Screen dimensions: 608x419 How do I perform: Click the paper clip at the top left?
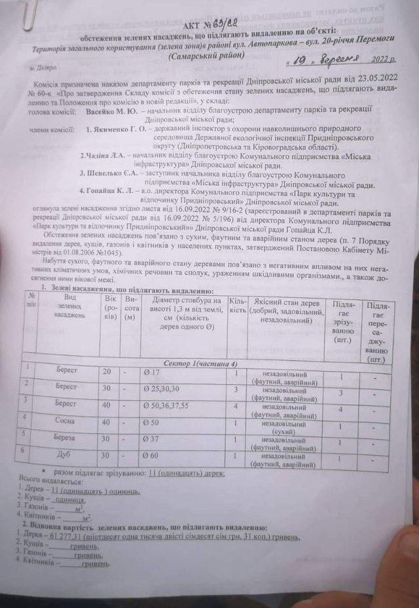[27, 14]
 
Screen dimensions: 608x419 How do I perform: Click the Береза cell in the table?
[67, 437]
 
